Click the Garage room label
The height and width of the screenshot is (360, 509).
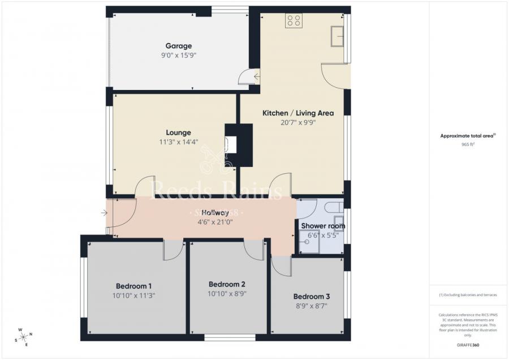[178, 46]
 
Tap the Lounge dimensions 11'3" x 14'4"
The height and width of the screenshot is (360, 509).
[179, 142]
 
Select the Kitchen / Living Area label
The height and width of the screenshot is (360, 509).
[298, 113]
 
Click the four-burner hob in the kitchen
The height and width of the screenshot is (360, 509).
[294, 21]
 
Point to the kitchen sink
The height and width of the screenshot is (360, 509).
[338, 36]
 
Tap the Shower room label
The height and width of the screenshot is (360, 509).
[323, 226]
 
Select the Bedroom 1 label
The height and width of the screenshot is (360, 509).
[133, 286]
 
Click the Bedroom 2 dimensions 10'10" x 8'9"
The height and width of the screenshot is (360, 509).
[227, 294]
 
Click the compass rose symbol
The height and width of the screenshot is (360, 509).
[24, 337]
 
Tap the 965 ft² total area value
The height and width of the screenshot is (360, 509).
[468, 144]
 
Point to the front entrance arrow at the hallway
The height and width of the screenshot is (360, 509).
[104, 213]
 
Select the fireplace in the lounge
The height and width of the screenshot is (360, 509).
[232, 145]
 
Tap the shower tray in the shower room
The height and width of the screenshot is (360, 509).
[308, 243]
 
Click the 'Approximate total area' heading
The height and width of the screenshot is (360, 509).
[467, 136]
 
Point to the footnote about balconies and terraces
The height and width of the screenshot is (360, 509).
[467, 295]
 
